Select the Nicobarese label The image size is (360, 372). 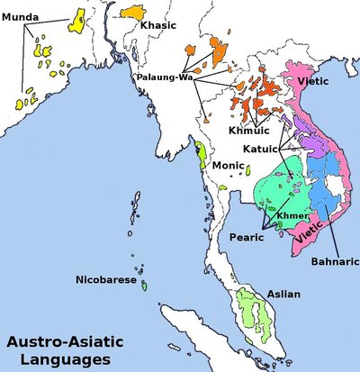click(x=106, y=280)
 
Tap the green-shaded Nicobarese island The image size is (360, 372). click(x=144, y=286)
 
